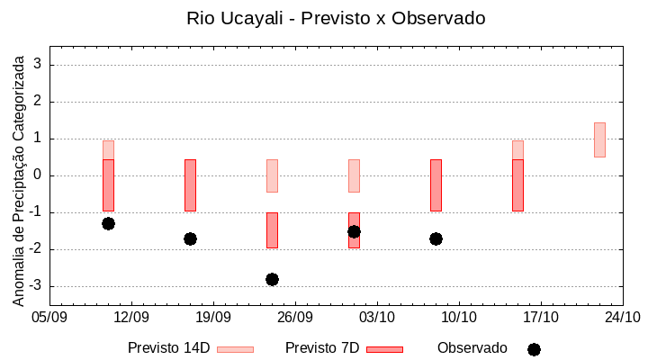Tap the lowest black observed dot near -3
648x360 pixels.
272,279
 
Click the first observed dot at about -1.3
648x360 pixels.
108,223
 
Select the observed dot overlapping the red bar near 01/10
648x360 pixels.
354,231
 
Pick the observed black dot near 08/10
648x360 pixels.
436,238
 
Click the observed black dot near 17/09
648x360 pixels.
190,238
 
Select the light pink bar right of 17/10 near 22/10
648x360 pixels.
599,139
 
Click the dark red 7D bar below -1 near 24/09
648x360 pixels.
272,230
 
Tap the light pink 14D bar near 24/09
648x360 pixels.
272,175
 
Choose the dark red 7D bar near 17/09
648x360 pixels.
190,184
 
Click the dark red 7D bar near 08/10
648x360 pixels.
436,184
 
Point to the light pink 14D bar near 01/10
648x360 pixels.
354,175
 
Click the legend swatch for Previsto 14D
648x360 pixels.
235,349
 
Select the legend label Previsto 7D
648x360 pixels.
321,348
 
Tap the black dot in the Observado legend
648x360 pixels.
534,349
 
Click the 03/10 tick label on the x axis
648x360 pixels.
377,317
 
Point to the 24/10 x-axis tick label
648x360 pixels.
623,317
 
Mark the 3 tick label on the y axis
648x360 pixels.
39,65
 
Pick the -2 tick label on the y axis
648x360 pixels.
37,249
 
